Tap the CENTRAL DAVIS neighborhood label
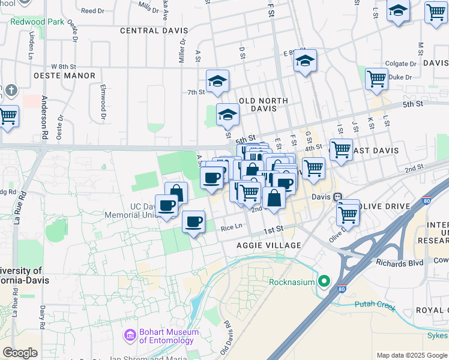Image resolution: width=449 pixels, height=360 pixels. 154,31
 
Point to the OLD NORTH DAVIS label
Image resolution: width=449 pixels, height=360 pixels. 264,105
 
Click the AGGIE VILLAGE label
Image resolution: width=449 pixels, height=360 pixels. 268,246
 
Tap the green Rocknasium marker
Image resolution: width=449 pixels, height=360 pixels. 325,281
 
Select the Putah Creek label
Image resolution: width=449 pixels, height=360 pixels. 375,304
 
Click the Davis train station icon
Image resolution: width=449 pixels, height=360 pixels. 338,197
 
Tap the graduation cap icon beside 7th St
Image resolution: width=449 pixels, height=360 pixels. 217,82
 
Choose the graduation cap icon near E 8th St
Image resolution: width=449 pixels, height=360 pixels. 305,61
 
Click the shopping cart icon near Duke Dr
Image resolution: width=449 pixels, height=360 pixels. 376,79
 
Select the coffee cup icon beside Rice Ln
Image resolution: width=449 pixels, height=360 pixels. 193,222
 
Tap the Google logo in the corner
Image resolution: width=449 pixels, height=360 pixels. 20,353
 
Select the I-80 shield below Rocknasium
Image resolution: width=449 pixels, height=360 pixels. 342,289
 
